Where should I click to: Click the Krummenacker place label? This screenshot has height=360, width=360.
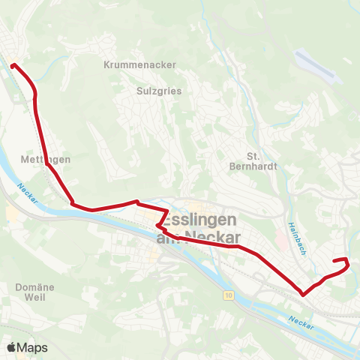pyautogui.click(x=140, y=64)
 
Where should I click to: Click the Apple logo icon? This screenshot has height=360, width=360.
pyautogui.click(x=11, y=347)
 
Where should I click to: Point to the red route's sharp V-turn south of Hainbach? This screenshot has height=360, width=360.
pyautogui.click(x=303, y=295)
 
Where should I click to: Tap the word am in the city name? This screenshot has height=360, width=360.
pyautogui.click(x=167, y=238)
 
